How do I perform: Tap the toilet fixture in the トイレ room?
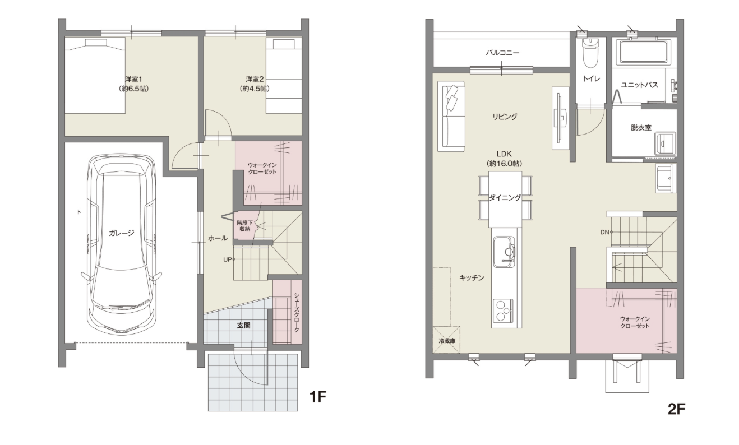click(590, 52)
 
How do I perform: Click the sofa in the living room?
click(451, 117)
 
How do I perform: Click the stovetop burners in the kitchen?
click(503, 310)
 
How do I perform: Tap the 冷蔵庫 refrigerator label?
click(447, 341)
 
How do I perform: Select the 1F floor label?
click(318, 396)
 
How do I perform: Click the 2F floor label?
click(676, 409)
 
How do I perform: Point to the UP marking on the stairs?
click(228, 259)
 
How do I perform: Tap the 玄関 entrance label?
click(243, 325)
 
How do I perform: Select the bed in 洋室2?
click(284, 76)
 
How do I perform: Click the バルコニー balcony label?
click(502, 53)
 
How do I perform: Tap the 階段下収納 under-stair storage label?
click(244, 226)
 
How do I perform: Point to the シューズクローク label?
click(296, 312)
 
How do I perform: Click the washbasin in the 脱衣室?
click(665, 143)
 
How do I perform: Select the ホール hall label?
click(218, 238)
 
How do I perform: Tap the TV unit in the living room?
click(561, 118)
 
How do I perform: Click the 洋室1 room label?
click(133, 79)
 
